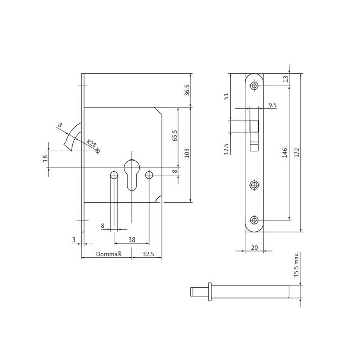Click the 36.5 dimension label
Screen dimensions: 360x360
coord(187,90)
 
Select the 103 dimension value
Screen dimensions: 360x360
coord(187,153)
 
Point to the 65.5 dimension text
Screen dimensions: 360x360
coord(175,136)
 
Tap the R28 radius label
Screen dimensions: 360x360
coord(91,144)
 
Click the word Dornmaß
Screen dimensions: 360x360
coord(108,254)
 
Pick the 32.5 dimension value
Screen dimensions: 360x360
coord(148,254)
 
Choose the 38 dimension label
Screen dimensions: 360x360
coord(132,239)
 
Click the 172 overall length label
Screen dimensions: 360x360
coord(297,153)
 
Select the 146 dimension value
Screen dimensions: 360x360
coord(285,153)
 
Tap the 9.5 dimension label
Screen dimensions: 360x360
coord(273,105)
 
